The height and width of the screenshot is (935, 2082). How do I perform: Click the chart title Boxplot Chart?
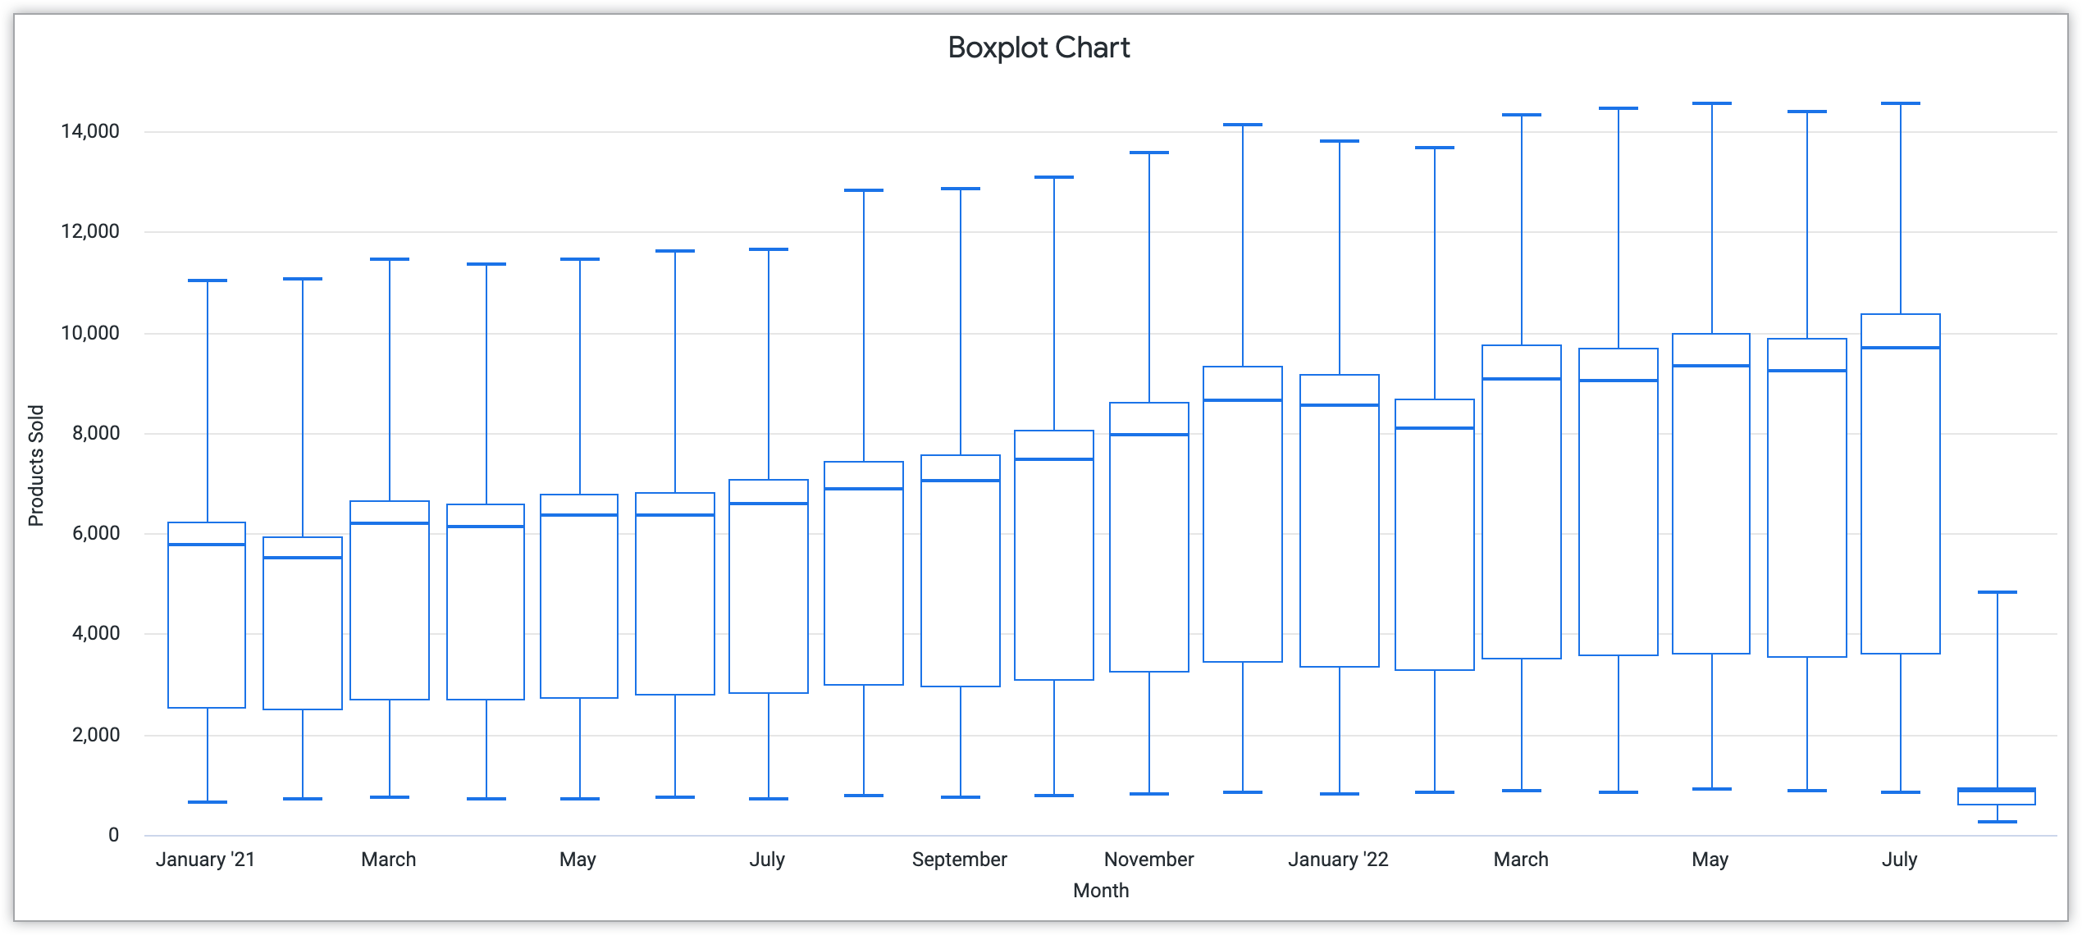tap(1039, 48)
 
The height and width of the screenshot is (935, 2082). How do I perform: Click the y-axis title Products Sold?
tap(36, 466)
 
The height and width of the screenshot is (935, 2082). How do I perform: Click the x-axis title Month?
tap(1100, 891)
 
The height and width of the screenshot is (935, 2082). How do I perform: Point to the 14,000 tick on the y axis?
tap(89, 132)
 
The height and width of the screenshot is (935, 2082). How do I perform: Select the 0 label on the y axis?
tap(113, 836)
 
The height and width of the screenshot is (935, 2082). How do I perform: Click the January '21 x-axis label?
tap(205, 860)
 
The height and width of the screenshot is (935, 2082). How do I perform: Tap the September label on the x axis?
tap(959, 860)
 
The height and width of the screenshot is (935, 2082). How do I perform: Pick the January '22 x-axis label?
tap(1338, 860)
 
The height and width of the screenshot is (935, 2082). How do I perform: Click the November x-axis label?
tap(1148, 860)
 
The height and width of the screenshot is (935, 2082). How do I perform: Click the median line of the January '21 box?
tap(207, 545)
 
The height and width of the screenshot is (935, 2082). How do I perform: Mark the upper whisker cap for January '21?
tap(207, 280)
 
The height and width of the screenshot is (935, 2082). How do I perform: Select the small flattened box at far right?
tap(1997, 796)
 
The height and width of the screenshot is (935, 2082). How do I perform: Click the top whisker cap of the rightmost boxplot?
tap(1997, 592)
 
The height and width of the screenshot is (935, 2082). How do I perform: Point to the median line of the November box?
tap(1148, 435)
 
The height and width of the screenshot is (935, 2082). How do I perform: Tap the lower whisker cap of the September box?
tap(960, 797)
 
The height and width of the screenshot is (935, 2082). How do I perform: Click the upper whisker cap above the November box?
tap(1148, 153)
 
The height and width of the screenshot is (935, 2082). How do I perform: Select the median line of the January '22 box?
tap(1339, 405)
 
